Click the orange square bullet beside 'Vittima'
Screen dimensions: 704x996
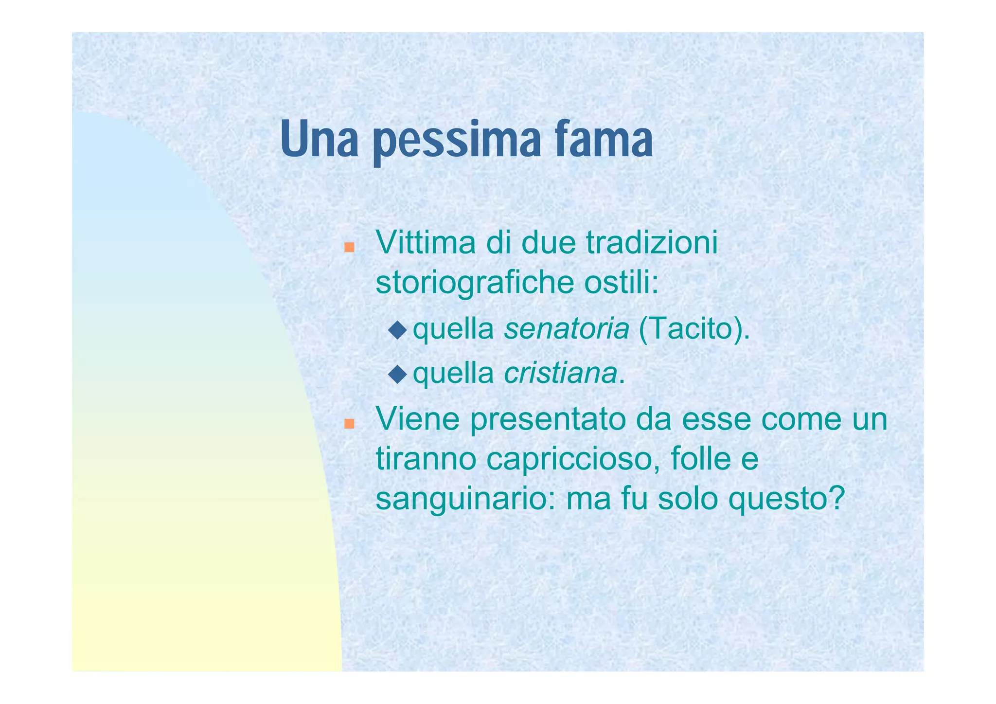(x=349, y=248)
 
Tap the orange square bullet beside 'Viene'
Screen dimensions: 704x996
(x=349, y=424)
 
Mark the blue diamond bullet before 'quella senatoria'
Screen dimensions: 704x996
(x=397, y=330)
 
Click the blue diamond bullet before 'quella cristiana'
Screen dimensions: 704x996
(x=397, y=374)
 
